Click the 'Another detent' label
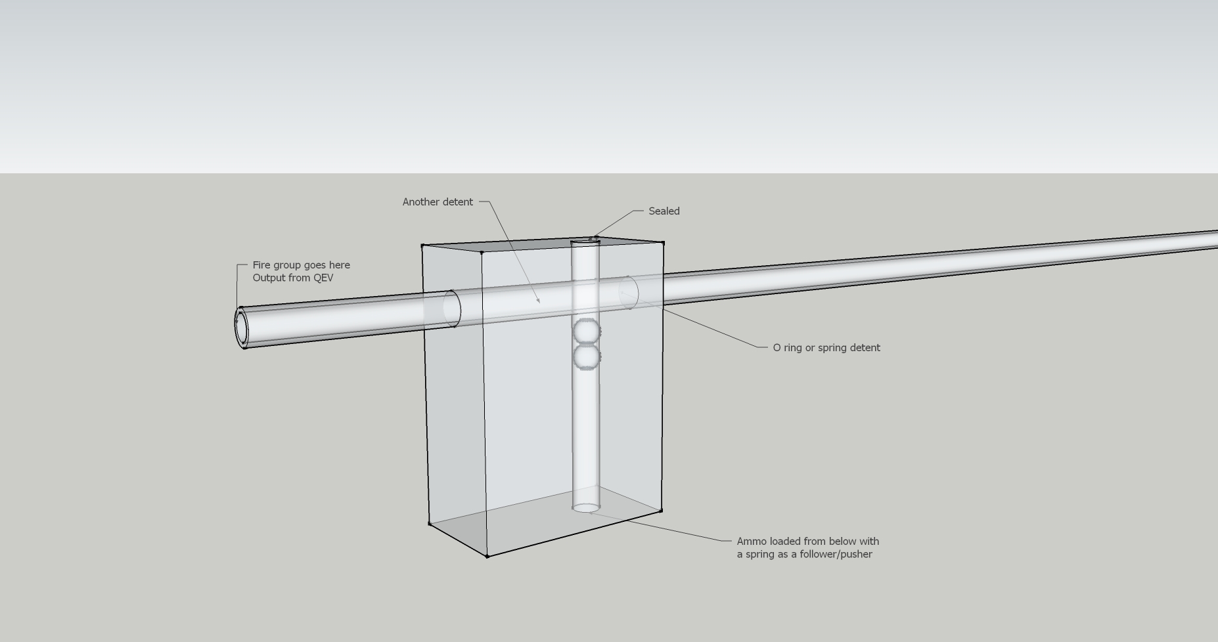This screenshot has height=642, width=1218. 438,202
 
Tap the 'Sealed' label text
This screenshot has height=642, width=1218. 664,211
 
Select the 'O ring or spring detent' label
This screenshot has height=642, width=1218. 826,348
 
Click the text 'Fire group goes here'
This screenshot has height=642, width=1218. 301,265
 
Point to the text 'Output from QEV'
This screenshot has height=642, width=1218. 292,278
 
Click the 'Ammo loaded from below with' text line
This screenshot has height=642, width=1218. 807,542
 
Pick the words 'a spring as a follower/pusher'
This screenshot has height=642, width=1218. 804,554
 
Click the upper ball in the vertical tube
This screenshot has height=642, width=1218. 586,332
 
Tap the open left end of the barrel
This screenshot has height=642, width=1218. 242,327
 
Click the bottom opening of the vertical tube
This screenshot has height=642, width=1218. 586,507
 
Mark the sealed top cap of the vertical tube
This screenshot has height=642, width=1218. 585,242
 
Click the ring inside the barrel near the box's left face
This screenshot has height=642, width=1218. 452,308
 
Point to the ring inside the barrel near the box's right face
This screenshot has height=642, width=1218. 629,293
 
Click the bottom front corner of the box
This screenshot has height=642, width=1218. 487,557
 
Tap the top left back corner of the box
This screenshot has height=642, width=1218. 422,246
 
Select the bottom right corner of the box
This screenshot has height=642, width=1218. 661,510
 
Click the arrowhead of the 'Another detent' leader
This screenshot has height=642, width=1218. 539,303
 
